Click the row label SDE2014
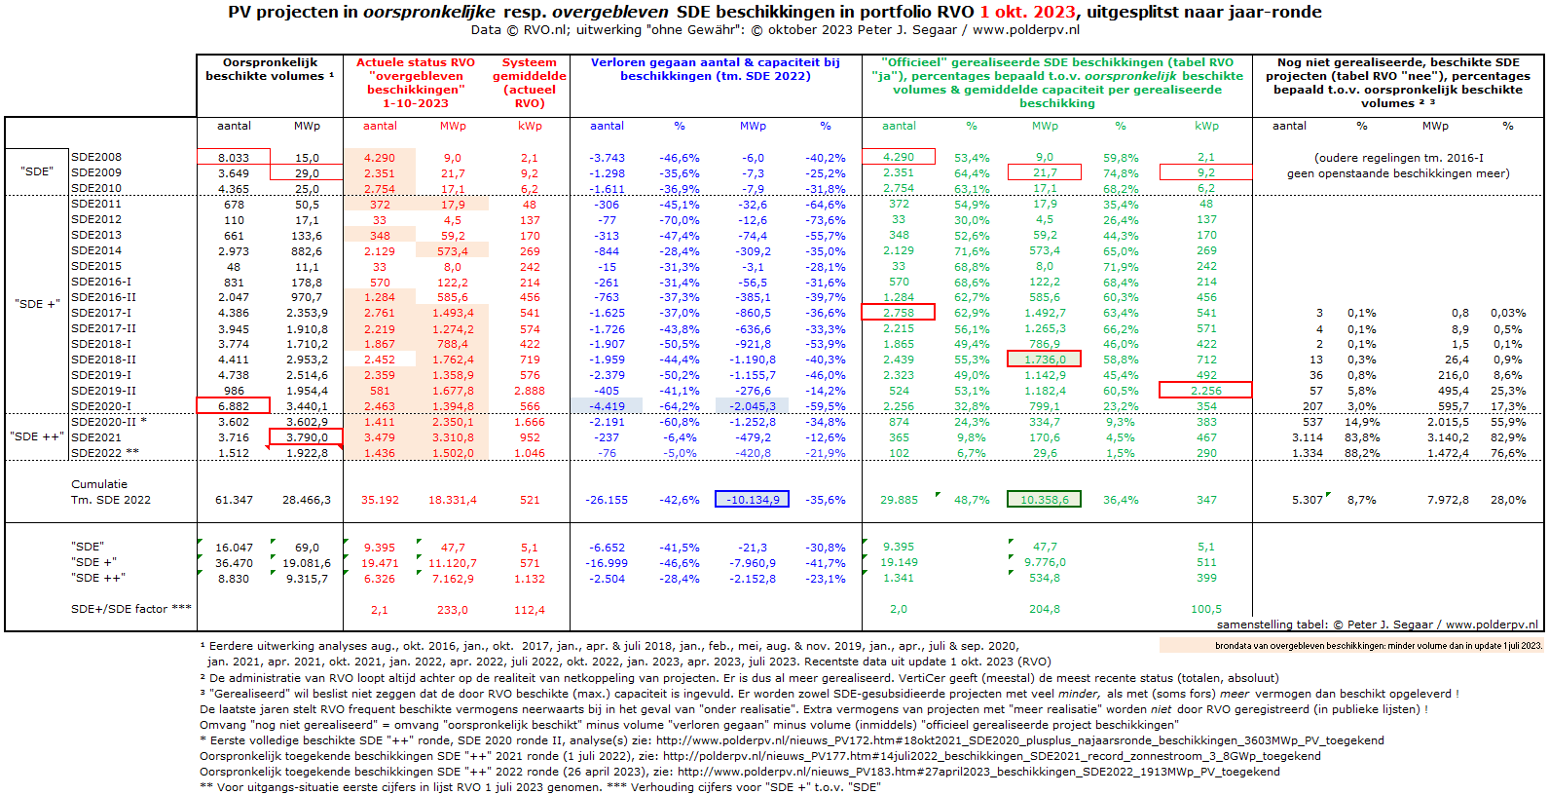pyautogui.click(x=96, y=250)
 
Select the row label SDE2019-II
pyautogui.click(x=103, y=391)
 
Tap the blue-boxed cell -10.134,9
pyautogui.click(x=752, y=499)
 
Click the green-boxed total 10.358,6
pyautogui.click(x=1044, y=499)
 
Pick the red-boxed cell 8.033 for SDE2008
pyautogui.click(x=233, y=157)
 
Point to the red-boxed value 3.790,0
pyautogui.click(x=306, y=436)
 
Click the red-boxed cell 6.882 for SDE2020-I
pyautogui.click(x=233, y=406)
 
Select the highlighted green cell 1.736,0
pyautogui.click(x=1044, y=360)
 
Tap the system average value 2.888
pyautogui.click(x=529, y=391)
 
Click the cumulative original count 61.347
pyautogui.click(x=234, y=500)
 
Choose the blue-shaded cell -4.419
pyautogui.click(x=607, y=406)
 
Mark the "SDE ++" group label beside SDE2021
pyautogui.click(x=37, y=436)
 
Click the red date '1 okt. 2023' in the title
pyautogui.click(x=1027, y=12)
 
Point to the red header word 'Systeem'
pyautogui.click(x=529, y=62)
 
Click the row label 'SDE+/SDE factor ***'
pyautogui.click(x=131, y=609)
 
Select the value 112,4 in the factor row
pyautogui.click(x=529, y=610)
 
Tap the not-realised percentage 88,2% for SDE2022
pyautogui.click(x=1361, y=453)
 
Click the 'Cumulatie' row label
pyautogui.click(x=99, y=483)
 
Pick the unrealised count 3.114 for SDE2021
pyautogui.click(x=1307, y=437)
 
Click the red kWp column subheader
pyautogui.click(x=529, y=126)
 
